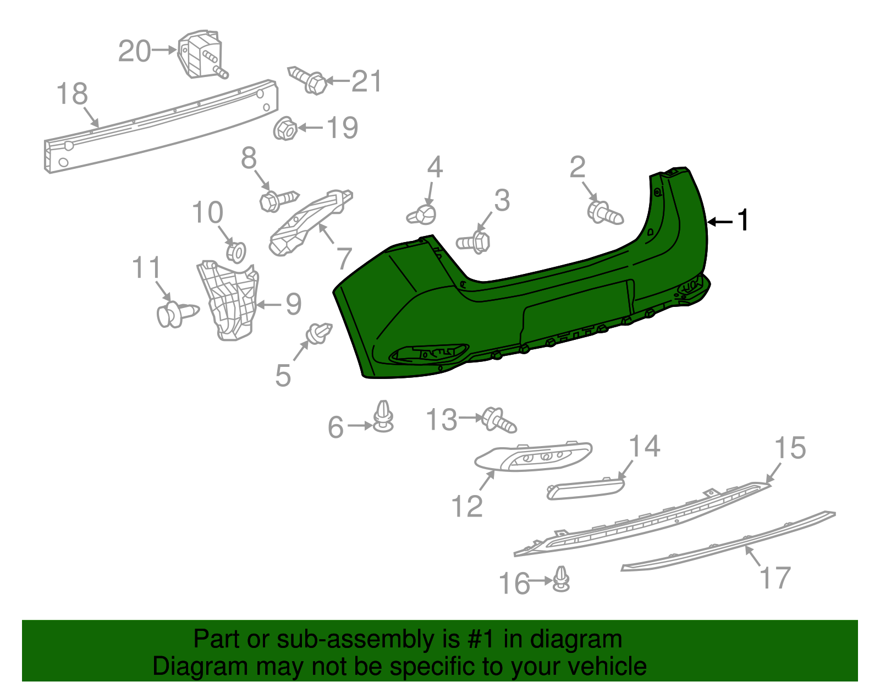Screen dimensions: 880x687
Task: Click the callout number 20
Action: point(134,51)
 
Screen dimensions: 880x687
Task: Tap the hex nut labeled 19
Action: point(285,129)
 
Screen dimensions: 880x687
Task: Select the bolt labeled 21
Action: point(307,80)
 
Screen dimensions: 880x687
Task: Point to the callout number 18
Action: point(72,94)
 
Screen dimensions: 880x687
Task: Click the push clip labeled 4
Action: point(422,215)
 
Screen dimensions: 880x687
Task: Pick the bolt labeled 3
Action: point(473,243)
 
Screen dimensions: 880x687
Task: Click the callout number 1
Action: point(743,221)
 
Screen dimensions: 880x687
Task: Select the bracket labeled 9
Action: point(228,300)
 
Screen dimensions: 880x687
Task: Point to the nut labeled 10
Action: point(236,252)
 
